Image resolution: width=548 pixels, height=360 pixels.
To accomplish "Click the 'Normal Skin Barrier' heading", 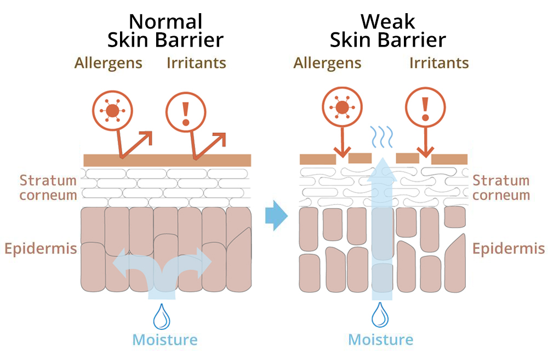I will [165, 31].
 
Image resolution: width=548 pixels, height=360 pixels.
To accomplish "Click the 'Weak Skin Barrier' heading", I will [387, 31].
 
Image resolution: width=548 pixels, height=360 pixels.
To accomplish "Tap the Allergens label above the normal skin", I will [108, 63].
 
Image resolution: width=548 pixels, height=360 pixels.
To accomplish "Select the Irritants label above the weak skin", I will [439, 63].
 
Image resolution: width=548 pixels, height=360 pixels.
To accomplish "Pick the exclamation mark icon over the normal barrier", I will [185, 111].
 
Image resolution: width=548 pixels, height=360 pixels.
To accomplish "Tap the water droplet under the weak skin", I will [380, 317].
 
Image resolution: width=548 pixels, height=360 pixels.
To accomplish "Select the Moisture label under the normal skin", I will [164, 340].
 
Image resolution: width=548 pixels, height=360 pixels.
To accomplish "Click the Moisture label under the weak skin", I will [381, 340].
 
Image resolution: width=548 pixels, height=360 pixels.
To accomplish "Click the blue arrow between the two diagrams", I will [276, 216].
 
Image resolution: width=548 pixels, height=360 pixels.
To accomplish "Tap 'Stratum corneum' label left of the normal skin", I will [48, 187].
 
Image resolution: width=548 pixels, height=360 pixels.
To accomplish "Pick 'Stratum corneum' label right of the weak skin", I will [501, 187].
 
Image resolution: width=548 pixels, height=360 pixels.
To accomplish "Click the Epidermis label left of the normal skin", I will [41, 249].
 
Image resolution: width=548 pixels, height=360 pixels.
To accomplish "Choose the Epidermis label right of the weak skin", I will [509, 249].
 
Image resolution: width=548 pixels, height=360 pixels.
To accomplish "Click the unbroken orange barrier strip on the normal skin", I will [167, 160].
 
